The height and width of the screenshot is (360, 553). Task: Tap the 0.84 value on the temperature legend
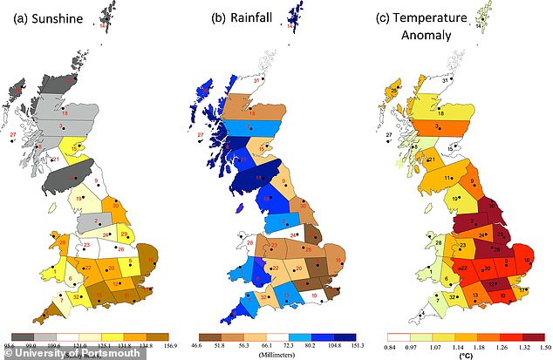(389, 343)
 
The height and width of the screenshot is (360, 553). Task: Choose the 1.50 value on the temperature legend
(540, 343)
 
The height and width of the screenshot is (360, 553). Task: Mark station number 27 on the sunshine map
(12, 136)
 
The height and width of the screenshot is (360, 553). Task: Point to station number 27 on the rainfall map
(201, 136)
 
